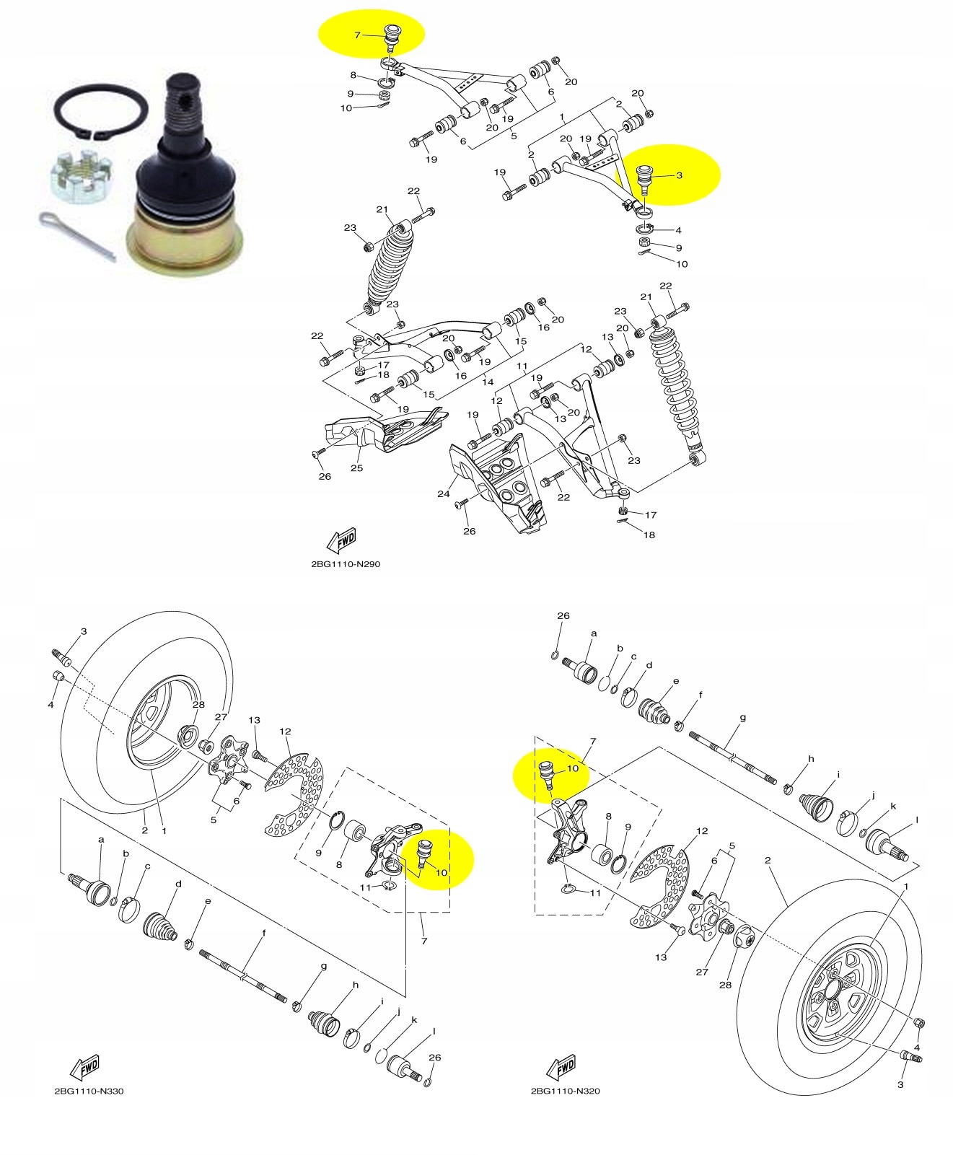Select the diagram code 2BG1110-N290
point(345,564)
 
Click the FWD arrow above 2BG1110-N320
point(562,1067)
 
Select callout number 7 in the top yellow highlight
point(356,35)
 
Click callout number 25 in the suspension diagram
point(356,468)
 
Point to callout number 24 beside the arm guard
point(443,494)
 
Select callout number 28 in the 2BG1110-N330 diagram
point(198,704)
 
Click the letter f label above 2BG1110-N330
point(263,933)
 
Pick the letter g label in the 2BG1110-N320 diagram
point(742,718)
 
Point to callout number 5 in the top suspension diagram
point(513,135)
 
